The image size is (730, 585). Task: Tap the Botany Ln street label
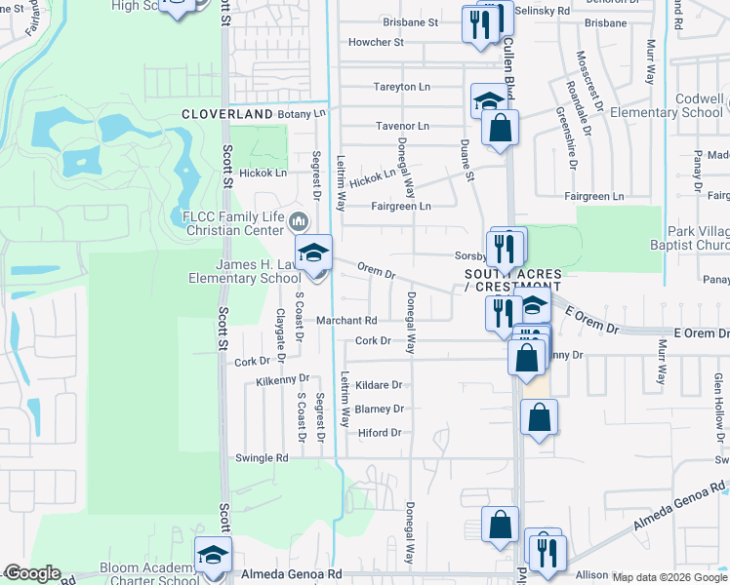(305, 114)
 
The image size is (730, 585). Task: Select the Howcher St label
(376, 43)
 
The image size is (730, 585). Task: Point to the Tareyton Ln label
(401, 87)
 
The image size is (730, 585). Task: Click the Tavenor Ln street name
(402, 127)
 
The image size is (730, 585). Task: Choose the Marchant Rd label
(345, 321)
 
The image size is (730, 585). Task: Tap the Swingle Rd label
(263, 457)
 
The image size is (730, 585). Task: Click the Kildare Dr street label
(379, 386)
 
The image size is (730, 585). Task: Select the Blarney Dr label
(379, 409)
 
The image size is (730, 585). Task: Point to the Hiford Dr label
(380, 433)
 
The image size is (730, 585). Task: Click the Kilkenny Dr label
(283, 379)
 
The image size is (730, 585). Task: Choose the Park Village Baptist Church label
(689, 240)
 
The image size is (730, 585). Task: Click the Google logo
(31, 573)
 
